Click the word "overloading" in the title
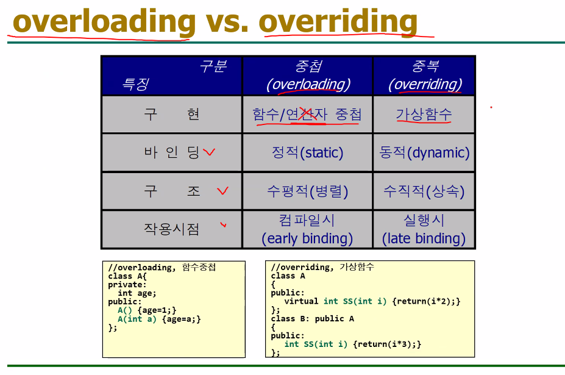(x=104, y=21)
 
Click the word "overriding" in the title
(x=338, y=21)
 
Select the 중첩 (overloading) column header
(x=307, y=76)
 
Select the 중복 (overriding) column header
(x=424, y=76)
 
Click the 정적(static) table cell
(x=307, y=152)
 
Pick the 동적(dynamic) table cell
(x=424, y=152)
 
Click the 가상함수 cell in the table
(x=424, y=115)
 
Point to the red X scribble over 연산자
(x=308, y=114)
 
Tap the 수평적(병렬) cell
(x=307, y=191)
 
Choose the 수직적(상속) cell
(x=424, y=191)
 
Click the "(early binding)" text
(x=307, y=238)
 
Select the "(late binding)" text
(x=424, y=238)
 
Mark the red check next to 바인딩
(x=209, y=152)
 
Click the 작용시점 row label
(x=171, y=229)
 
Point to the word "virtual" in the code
(x=301, y=301)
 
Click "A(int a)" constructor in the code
(x=137, y=319)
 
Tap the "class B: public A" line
(x=313, y=319)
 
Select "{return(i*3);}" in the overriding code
(x=387, y=345)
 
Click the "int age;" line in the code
(x=137, y=293)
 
